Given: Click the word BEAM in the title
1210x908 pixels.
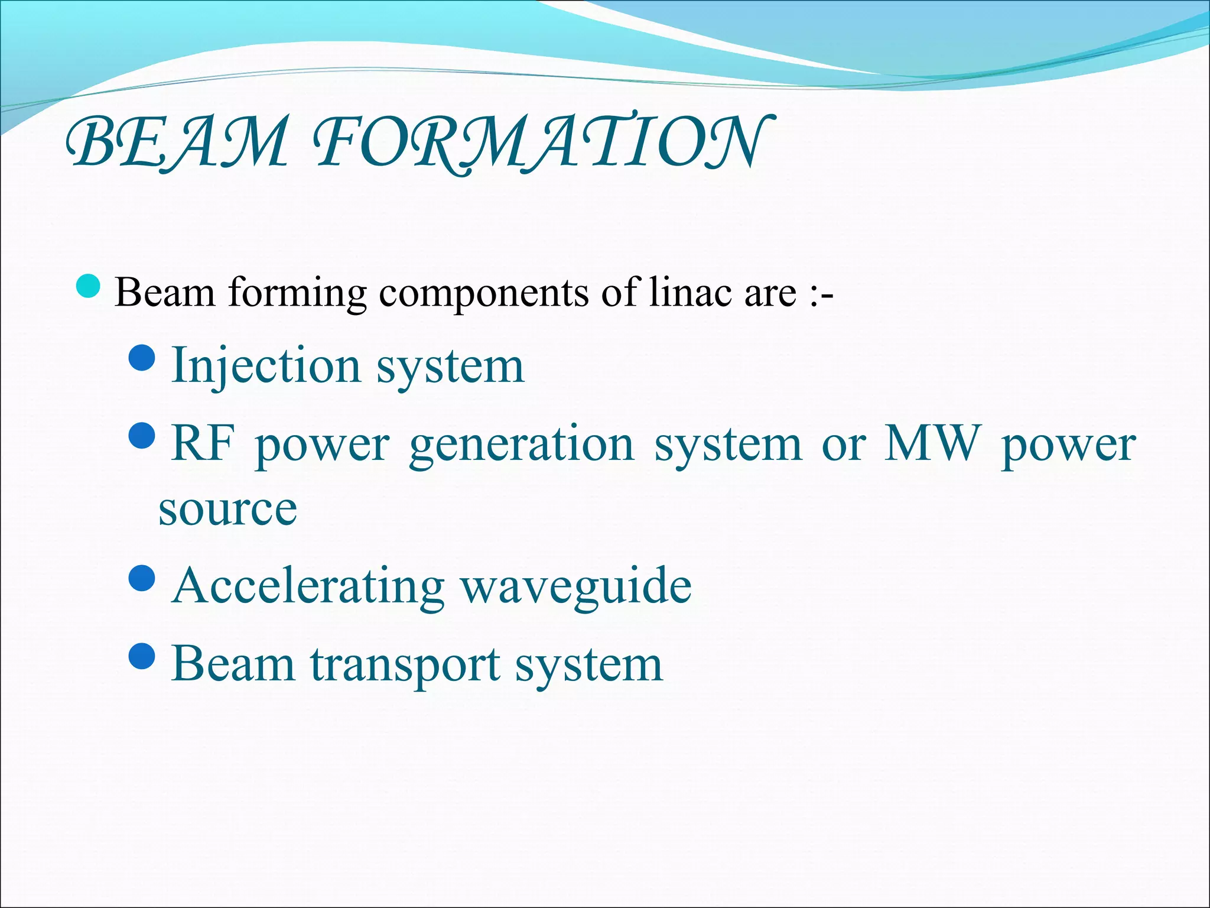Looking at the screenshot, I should [x=177, y=142].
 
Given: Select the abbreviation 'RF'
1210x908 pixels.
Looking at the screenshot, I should [x=203, y=443].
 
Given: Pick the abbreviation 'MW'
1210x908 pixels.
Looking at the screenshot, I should [x=931, y=443].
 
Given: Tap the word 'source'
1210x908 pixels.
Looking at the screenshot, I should [x=227, y=509].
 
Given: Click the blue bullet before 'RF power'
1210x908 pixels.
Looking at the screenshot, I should [x=142, y=436].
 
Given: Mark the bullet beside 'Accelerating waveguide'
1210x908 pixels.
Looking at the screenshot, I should [x=142, y=578].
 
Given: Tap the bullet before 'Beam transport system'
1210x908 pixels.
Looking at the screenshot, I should [x=142, y=656].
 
